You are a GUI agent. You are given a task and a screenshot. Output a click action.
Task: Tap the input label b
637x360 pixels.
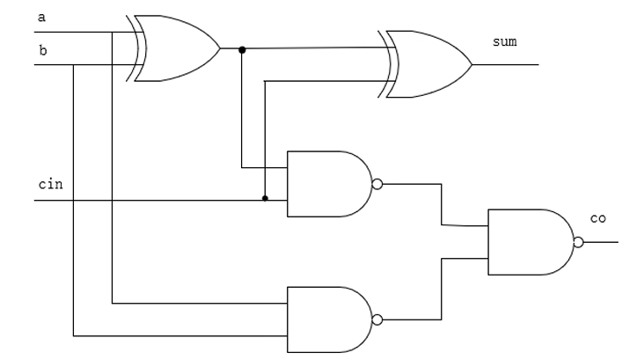(43, 50)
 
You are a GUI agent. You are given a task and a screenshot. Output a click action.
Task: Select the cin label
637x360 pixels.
(49, 185)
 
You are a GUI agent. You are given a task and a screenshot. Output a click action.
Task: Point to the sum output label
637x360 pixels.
(504, 41)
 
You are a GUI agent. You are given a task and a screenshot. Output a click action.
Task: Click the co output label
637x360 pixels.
(597, 218)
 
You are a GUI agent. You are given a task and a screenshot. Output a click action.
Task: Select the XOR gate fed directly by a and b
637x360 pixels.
(176, 48)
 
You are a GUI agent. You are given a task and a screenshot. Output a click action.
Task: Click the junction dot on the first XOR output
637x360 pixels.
(242, 49)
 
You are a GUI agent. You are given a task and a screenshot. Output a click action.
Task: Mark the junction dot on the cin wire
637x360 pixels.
(265, 199)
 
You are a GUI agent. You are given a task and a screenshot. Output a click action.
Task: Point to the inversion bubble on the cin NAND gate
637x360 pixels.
(377, 185)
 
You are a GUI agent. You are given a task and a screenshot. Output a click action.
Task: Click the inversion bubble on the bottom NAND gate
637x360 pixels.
(377, 320)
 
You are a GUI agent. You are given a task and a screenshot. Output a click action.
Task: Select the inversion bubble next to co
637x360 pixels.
(577, 243)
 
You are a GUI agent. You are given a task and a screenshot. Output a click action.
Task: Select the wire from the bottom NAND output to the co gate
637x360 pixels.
(441, 290)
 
